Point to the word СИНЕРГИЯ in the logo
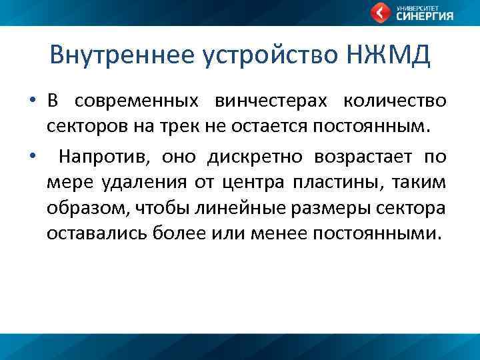tap(425, 17)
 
